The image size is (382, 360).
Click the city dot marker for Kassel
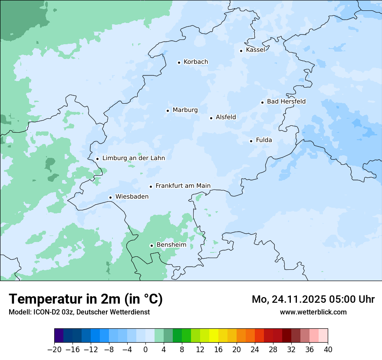coord(241,51)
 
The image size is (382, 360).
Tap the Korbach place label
coord(196,62)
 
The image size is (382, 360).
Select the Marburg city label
coord(185,110)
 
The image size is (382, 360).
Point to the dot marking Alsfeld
coord(211,118)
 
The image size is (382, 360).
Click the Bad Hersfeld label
coord(286,101)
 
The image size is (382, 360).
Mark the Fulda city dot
coord(251,141)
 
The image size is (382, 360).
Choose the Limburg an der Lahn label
coord(133,158)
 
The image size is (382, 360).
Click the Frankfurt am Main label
coord(183,186)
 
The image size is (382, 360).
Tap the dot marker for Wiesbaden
coord(110,198)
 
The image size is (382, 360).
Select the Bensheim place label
coord(171,245)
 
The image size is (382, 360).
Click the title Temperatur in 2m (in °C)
coord(86,299)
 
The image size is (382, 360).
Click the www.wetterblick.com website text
coord(313,312)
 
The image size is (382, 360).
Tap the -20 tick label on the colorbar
coord(54,350)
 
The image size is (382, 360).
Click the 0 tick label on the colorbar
coord(145,350)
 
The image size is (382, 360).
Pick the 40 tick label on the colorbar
coord(328,350)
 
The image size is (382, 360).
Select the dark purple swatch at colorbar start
coord(59,336)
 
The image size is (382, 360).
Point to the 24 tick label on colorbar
coord(255,350)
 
